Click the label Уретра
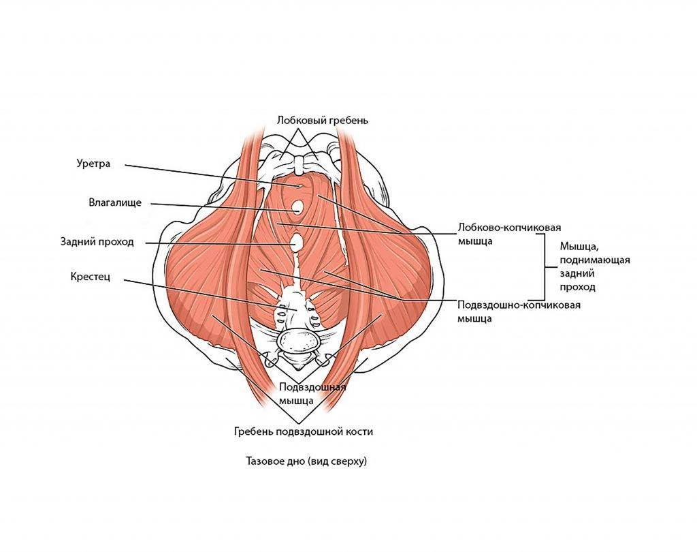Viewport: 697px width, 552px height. tap(93, 164)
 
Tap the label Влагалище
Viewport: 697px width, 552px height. tap(115, 202)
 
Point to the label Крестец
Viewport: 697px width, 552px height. tap(89, 277)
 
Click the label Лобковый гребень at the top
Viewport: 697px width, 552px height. tap(323, 121)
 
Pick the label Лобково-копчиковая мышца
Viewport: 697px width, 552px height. tap(513, 234)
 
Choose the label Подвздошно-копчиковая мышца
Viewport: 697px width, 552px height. tap(519, 311)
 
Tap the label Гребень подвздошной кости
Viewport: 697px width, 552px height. tap(304, 431)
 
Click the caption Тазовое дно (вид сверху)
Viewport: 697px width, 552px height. tap(306, 461)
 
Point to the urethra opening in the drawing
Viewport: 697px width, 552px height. tap(298, 185)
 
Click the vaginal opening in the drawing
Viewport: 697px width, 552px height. tap(297, 206)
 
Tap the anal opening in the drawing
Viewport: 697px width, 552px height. tap(297, 242)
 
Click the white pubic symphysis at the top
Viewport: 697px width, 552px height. tap(299, 164)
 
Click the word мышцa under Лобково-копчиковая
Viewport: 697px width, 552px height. tap(476, 241)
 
